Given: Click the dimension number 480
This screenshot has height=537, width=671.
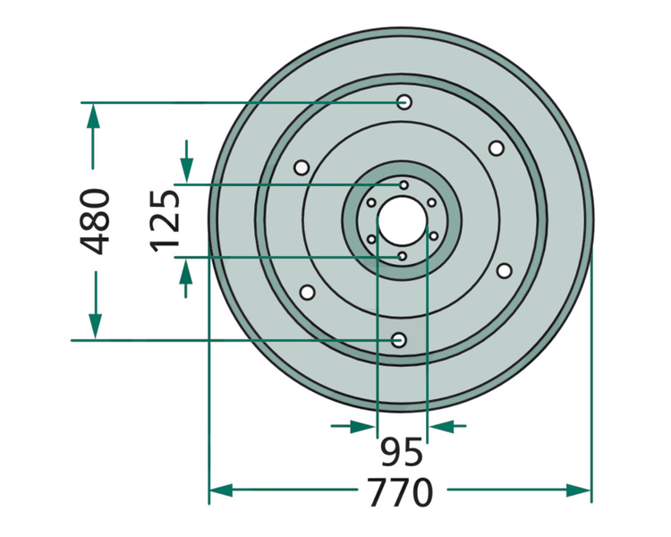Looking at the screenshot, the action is tap(95, 221).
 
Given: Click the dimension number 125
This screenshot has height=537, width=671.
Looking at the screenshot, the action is tap(165, 221).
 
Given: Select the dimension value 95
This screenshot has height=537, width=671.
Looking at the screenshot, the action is tap(402, 452).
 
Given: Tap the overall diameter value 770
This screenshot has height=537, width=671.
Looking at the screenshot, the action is tap(401, 492).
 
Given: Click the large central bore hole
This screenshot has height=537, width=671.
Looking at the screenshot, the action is tap(403, 221).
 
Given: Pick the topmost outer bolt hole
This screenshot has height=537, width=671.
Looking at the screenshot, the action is tap(404, 102).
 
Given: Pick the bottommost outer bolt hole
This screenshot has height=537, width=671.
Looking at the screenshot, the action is tap(399, 340).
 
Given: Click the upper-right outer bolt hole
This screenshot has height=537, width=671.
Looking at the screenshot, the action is tap(496, 149).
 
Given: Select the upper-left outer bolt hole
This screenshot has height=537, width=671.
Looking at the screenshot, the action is tap(302, 167).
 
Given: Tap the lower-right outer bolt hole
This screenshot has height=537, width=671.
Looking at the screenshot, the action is tap(504, 270).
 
